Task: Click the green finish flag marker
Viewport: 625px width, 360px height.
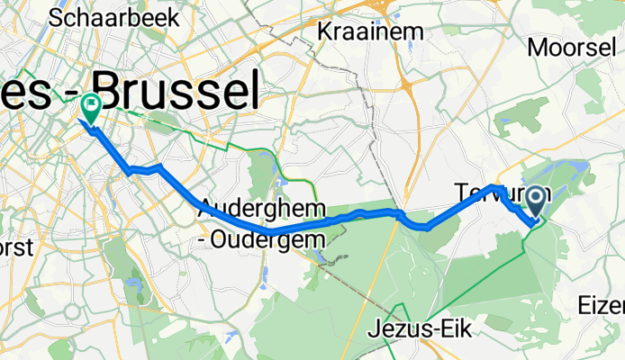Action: tap(91, 108)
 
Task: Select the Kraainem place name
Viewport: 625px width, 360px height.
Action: tap(370, 32)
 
